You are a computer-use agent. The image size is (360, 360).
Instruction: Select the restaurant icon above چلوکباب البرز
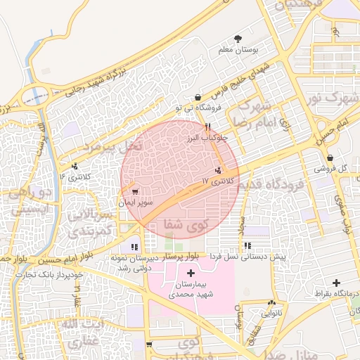coord(207,127)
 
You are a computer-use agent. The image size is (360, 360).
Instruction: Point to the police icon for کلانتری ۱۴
coord(75,166)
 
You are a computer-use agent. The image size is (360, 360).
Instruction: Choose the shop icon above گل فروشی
coord(330,157)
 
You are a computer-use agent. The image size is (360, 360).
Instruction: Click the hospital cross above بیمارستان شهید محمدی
coord(191,272)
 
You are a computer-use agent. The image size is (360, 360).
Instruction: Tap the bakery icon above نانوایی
coord(271,302)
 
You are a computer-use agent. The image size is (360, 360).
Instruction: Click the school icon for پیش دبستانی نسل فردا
coord(247,245)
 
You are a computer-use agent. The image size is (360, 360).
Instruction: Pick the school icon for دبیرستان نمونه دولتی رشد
coord(134,247)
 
